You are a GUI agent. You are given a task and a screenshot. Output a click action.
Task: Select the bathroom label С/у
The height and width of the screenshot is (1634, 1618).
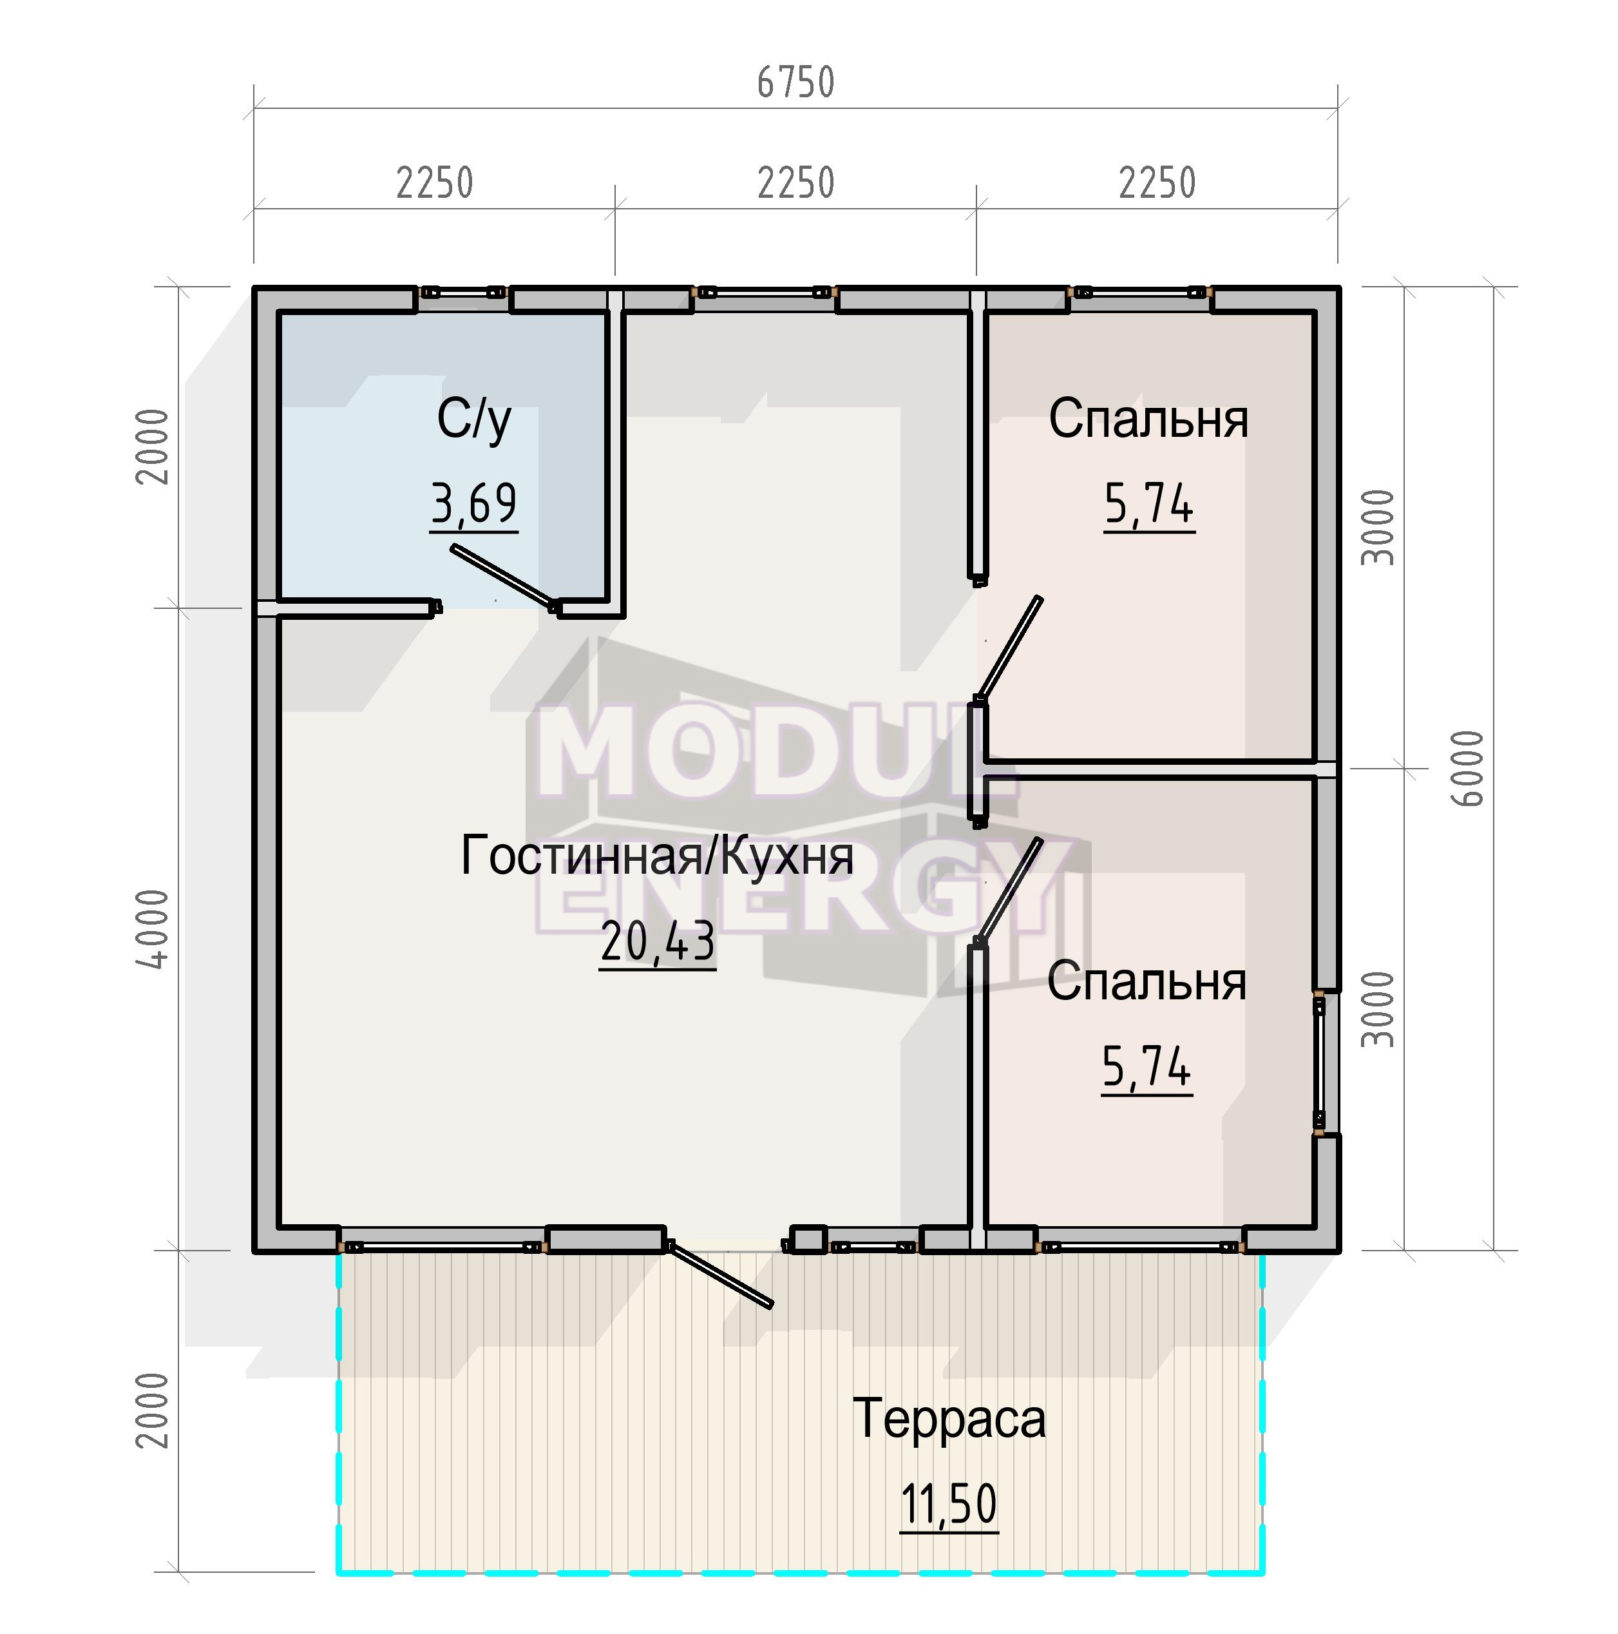point(474,420)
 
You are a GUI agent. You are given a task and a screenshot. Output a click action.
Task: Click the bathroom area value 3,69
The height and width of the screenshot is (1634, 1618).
point(473,504)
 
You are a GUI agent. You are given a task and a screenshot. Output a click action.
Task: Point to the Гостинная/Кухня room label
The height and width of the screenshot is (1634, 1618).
point(657,855)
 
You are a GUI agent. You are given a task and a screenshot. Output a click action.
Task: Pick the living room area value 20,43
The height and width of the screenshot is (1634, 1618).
point(658,942)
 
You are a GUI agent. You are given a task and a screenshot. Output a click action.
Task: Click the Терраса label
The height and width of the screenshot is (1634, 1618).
point(949,1418)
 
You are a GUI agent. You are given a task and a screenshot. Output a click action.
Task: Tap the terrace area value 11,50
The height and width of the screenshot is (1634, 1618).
point(949,1505)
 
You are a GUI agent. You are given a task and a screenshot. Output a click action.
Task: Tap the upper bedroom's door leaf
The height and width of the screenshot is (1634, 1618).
point(1010,649)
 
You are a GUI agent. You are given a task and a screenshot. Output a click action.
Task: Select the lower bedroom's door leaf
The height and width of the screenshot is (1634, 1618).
point(1009,890)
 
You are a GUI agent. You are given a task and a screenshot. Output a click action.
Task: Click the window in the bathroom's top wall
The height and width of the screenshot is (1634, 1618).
point(463,292)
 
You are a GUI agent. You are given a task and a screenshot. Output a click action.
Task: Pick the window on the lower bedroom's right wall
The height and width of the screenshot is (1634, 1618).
point(1320,1062)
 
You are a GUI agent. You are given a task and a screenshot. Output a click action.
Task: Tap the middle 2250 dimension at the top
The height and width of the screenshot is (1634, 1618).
point(795,183)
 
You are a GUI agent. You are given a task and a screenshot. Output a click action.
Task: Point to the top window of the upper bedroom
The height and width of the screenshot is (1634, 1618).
point(1139,293)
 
